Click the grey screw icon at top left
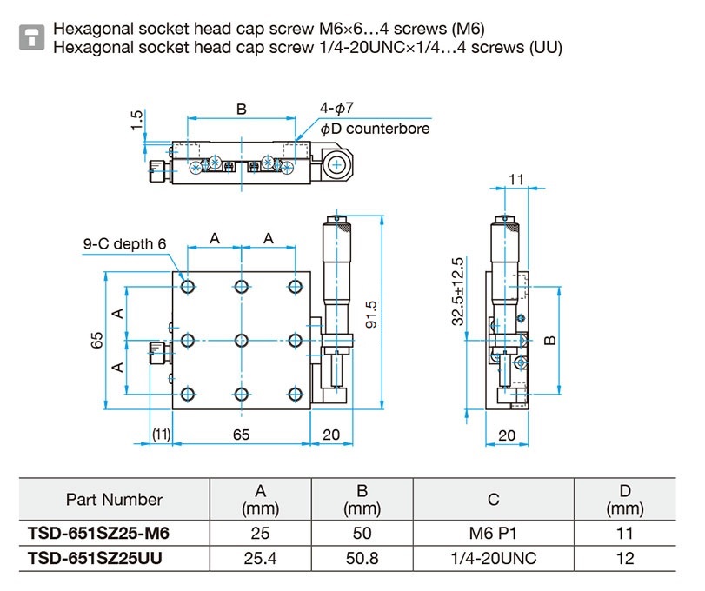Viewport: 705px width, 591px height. (x=31, y=37)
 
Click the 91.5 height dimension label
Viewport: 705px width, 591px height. (x=371, y=314)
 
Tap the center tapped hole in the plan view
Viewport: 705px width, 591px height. (x=242, y=340)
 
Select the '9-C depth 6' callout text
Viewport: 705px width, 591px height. (x=124, y=243)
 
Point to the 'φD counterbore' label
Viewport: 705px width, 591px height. (x=375, y=129)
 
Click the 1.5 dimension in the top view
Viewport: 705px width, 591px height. (x=136, y=120)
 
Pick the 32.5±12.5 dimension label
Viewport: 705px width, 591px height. (x=458, y=291)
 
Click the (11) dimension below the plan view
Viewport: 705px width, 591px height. (x=161, y=435)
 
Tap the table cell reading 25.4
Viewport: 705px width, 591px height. (x=260, y=558)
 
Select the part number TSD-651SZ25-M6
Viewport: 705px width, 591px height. (x=98, y=533)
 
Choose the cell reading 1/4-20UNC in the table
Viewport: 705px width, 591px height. (x=494, y=558)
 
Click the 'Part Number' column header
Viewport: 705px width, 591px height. (x=114, y=500)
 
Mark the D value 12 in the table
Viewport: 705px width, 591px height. (x=625, y=558)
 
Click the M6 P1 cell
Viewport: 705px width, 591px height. (x=493, y=533)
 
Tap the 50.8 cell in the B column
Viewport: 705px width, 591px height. (x=362, y=558)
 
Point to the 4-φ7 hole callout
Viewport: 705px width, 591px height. (x=336, y=108)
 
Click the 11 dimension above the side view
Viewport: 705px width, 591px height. (x=516, y=179)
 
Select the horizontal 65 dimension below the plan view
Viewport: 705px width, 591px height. (x=242, y=435)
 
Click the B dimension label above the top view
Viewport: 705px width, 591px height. (x=242, y=110)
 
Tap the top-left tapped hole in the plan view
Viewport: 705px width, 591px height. (x=188, y=286)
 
